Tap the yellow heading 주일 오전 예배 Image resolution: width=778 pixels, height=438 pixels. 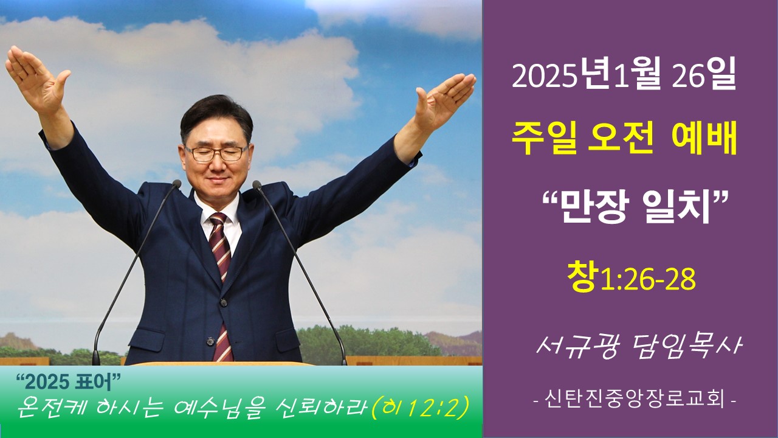coord(624,139)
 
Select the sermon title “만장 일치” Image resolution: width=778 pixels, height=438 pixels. coord(630,207)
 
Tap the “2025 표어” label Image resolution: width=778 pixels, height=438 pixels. coord(68,381)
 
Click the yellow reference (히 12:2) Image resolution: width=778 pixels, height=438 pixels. coord(421,407)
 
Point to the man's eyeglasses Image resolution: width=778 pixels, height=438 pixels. coord(216,153)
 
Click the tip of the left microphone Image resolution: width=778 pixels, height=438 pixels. coord(177,184)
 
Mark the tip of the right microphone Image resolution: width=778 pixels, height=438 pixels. coord(256,184)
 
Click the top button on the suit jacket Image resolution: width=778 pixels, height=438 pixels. coord(223,302)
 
